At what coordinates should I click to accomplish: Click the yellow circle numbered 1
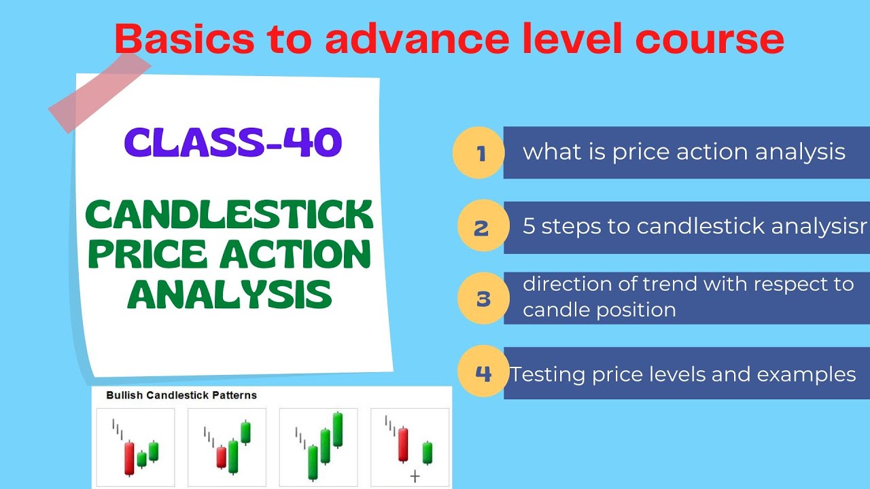click(479, 153)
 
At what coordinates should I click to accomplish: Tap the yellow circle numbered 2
click(482, 227)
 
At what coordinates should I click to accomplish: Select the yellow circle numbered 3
click(483, 298)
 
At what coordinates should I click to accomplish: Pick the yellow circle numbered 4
click(483, 373)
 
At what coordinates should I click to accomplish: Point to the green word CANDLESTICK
click(229, 215)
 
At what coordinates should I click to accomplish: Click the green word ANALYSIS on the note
click(230, 294)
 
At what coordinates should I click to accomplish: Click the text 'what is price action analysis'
click(684, 152)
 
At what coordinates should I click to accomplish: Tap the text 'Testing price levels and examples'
click(682, 374)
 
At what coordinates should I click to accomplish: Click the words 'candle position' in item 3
click(599, 310)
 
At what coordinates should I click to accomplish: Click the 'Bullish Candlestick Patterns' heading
click(181, 395)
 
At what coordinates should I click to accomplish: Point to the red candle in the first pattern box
click(129, 458)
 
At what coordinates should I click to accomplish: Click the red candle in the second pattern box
click(221, 456)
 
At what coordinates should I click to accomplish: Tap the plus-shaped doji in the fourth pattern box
click(415, 477)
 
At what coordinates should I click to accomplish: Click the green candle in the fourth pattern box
click(428, 452)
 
